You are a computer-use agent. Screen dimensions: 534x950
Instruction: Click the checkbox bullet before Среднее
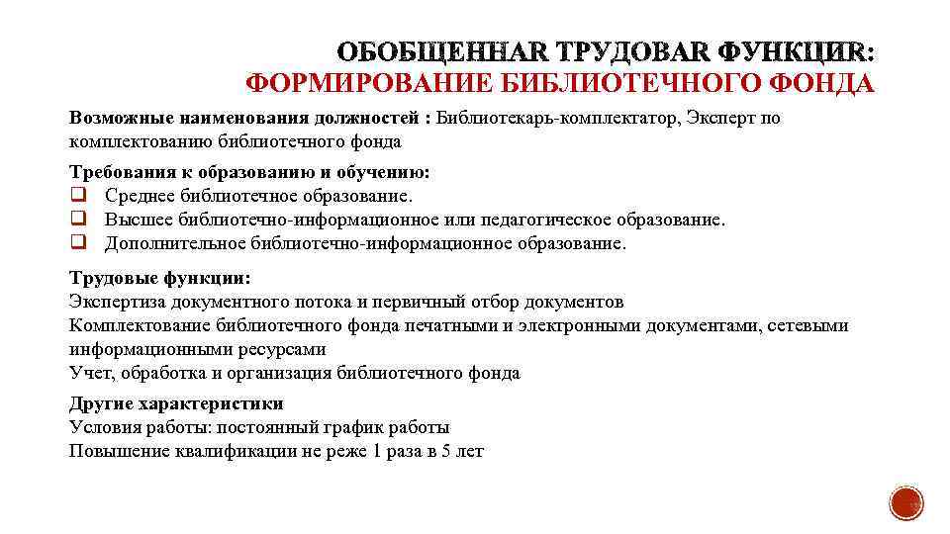77,195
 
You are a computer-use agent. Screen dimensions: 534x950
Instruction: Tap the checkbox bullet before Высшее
77,219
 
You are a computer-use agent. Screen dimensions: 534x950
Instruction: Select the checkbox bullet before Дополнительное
77,242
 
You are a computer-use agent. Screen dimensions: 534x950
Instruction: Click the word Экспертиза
118,302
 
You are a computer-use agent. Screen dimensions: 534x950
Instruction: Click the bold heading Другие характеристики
176,403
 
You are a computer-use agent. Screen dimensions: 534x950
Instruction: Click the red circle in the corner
905,504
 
